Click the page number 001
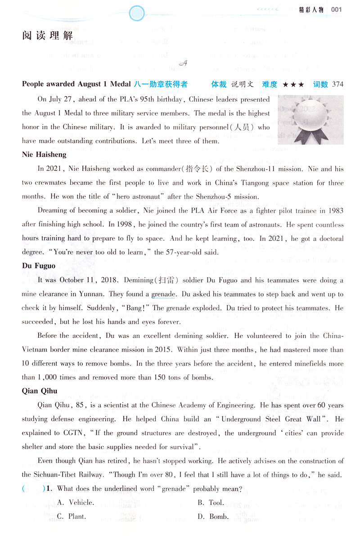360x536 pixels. point(337,9)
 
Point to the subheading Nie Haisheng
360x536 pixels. point(44,155)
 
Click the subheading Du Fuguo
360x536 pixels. point(39,265)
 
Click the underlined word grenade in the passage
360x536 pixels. point(163,294)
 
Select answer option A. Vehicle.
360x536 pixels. point(75,502)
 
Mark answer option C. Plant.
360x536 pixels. point(72,516)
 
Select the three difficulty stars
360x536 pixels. point(293,84)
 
